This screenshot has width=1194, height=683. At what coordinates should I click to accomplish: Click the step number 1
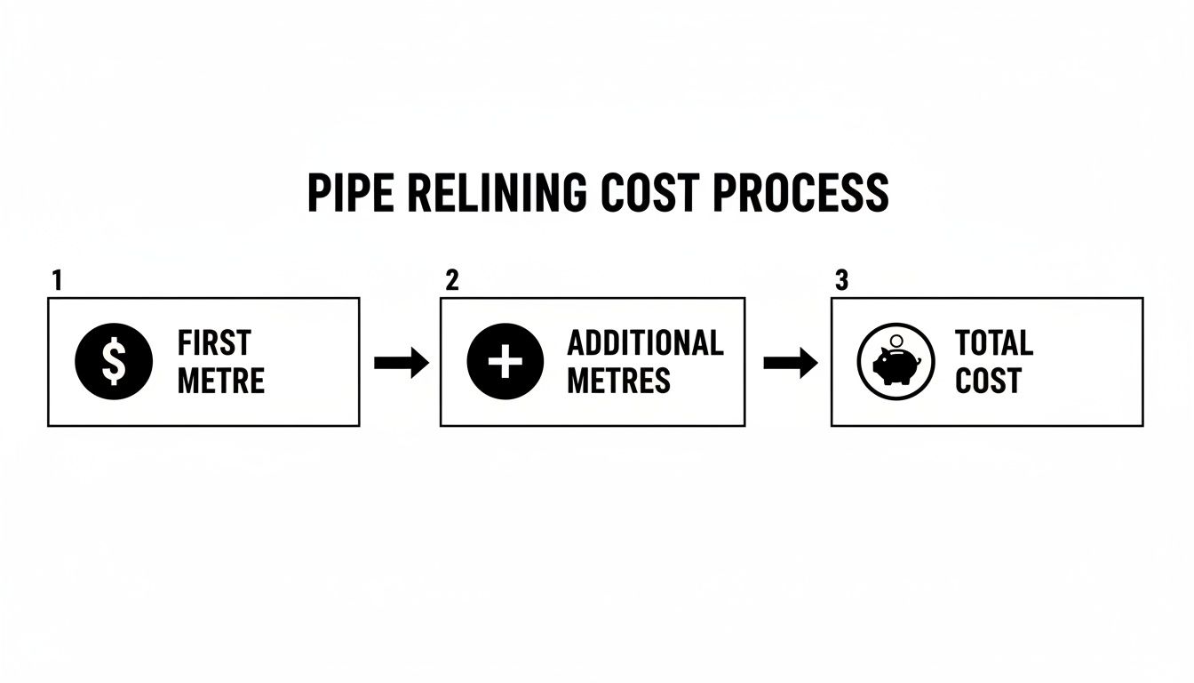56,281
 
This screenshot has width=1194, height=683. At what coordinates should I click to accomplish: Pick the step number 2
451,281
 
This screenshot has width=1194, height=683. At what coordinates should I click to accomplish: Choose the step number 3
841,281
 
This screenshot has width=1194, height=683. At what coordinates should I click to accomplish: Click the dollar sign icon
114,362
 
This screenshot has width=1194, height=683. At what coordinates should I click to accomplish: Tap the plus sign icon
505,362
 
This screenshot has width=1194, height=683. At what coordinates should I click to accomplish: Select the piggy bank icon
895,362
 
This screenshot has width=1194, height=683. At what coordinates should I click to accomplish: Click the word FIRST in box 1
214,343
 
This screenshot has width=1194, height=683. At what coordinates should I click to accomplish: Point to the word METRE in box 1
221,382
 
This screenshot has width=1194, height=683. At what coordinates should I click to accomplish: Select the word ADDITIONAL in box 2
645,343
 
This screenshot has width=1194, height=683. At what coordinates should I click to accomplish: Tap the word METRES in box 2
618,382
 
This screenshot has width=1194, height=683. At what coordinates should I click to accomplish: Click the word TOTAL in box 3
994,343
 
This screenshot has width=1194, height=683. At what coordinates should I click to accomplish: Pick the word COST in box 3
988,382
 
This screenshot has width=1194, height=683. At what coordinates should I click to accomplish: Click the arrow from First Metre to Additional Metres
401,362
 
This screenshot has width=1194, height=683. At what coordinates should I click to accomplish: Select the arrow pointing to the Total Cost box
790,362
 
